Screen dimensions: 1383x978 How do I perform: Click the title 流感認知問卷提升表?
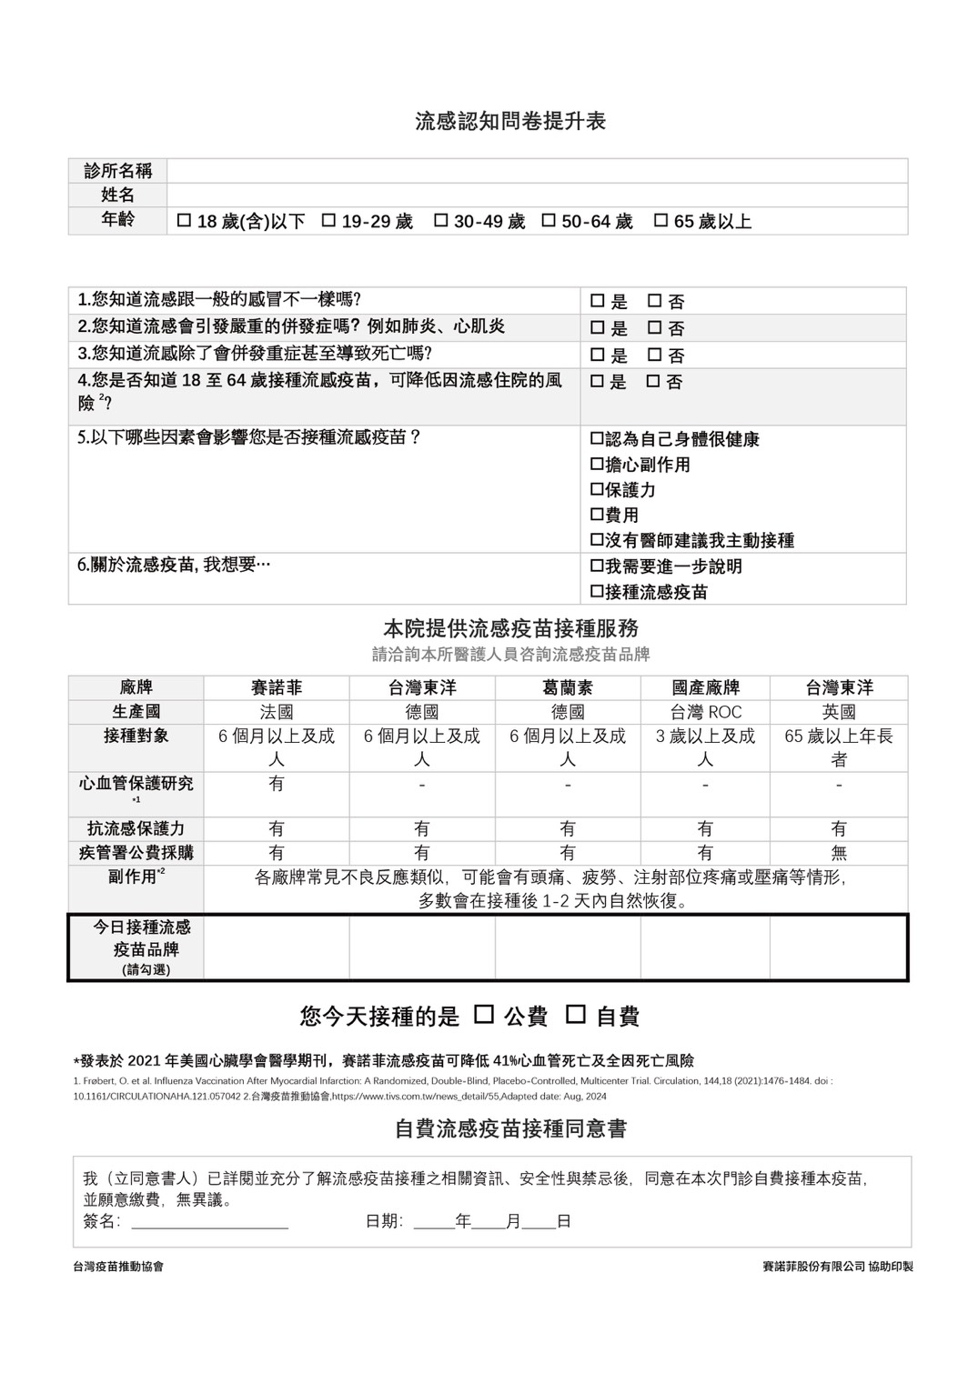pos(510,121)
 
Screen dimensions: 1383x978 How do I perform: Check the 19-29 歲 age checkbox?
pos(329,220)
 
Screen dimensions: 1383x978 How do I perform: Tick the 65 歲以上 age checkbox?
pos(661,220)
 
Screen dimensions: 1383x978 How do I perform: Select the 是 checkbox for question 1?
pos(597,301)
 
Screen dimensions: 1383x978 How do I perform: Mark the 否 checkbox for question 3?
pos(654,355)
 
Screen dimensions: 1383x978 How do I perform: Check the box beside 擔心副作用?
pos(597,465)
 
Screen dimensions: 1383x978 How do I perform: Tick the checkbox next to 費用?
pos(597,515)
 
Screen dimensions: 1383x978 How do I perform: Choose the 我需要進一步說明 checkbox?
pos(597,566)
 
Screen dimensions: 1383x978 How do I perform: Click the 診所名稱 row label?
pos(117,171)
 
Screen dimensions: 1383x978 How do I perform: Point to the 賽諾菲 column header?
pos(277,687)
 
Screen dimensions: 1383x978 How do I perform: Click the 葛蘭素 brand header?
pos(568,687)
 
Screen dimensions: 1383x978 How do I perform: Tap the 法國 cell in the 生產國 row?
pos(277,712)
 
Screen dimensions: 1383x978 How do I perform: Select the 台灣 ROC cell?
pos(705,712)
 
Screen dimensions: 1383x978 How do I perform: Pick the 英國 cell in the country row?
pos(838,712)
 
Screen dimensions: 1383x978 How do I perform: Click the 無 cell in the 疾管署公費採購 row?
pos(838,853)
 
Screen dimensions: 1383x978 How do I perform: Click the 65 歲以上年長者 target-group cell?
pos(838,747)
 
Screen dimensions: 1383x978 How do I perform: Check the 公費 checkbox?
pos(485,1014)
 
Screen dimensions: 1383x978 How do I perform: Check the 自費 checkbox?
pos(576,1014)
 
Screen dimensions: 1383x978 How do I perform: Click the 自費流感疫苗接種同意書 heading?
pos(510,1128)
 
